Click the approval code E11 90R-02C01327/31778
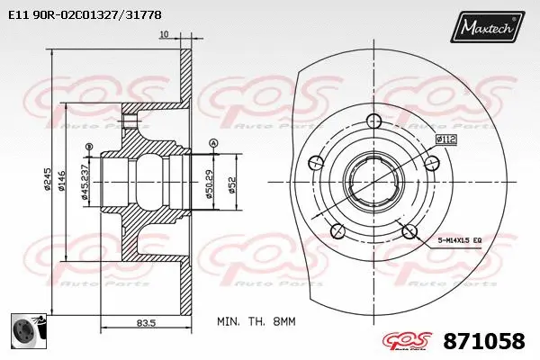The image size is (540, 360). [x=86, y=14]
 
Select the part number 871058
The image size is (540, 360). [x=484, y=341]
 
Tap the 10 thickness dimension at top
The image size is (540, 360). [x=163, y=35]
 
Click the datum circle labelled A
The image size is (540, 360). [x=212, y=144]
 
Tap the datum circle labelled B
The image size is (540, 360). [x=88, y=147]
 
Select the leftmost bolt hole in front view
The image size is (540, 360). [x=315, y=163]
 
